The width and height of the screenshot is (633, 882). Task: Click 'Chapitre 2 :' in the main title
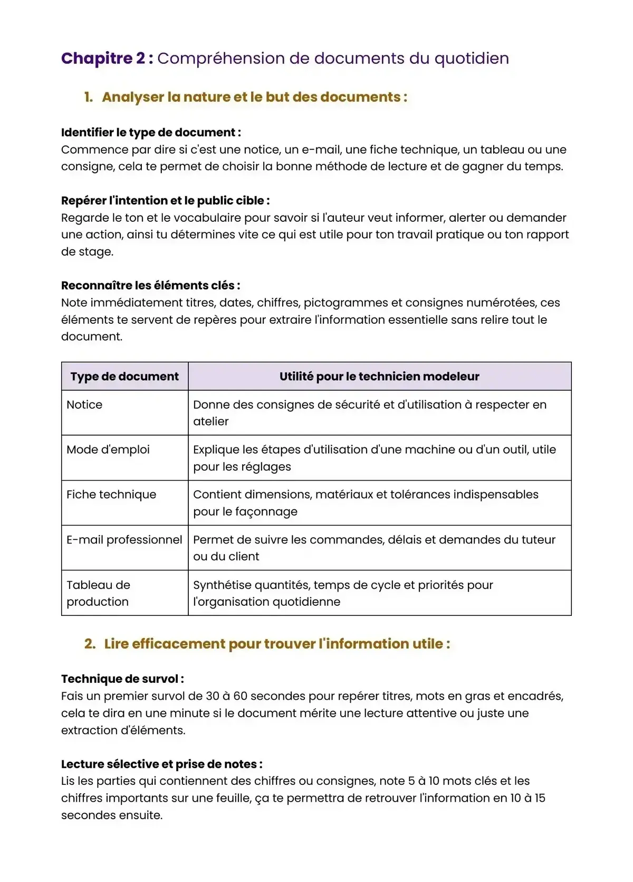click(x=107, y=58)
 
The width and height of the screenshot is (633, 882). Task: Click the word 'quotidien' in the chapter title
click(x=472, y=58)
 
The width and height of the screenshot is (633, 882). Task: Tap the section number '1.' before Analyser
click(x=89, y=97)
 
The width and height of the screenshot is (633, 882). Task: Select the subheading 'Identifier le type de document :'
click(x=151, y=132)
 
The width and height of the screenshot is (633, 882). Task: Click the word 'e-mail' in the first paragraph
click(x=321, y=149)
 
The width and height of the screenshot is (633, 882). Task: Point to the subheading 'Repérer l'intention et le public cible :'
click(x=165, y=201)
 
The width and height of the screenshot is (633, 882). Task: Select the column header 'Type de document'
click(x=124, y=377)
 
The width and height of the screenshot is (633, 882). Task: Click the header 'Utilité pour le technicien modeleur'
click(x=379, y=377)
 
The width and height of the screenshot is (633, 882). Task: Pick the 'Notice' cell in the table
click(x=84, y=405)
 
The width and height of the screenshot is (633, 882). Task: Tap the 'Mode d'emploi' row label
click(x=108, y=449)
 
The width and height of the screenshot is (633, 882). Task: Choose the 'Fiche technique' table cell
click(x=111, y=494)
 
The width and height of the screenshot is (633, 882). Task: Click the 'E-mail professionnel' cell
click(x=124, y=540)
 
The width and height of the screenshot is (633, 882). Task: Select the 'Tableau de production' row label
click(x=98, y=593)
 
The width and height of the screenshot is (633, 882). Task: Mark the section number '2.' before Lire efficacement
click(x=90, y=644)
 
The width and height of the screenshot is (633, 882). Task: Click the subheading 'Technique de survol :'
click(x=122, y=679)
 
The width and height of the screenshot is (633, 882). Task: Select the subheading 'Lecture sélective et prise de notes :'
click(x=161, y=764)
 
